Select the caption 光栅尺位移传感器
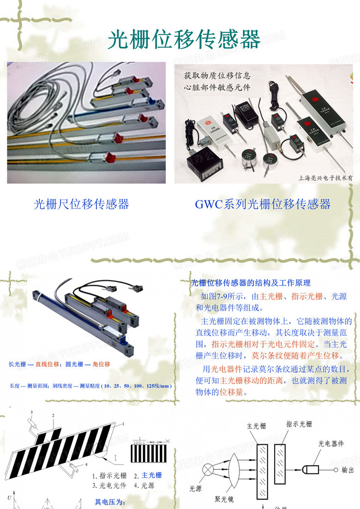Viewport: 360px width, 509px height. point(81,204)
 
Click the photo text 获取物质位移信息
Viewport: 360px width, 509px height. point(217,75)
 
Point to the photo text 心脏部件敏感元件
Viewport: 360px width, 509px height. point(217,86)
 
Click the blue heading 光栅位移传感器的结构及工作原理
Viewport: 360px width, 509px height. point(251,283)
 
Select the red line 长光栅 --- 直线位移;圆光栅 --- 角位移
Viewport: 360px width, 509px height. point(60,364)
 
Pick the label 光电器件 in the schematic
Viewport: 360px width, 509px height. point(331,443)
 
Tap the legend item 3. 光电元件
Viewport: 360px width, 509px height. point(109,485)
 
